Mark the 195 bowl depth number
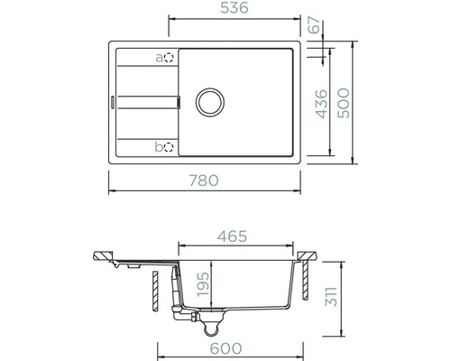point(205,284)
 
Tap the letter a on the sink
point(160,58)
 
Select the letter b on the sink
point(160,146)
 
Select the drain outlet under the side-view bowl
point(215,318)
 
